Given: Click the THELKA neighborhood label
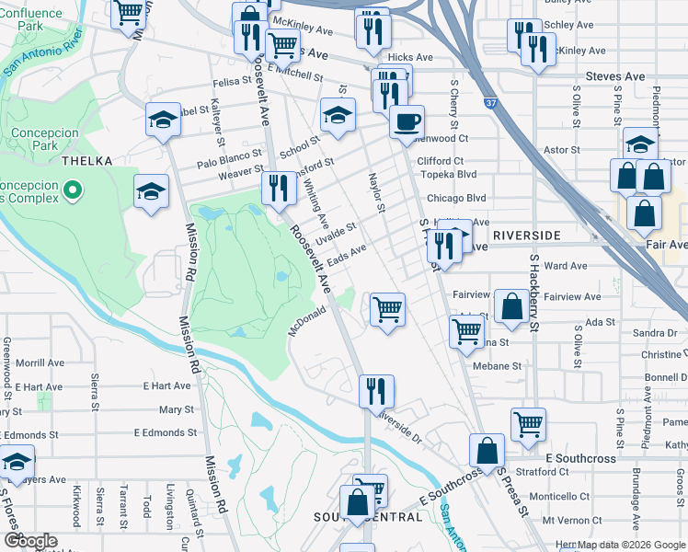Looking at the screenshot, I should [x=86, y=161].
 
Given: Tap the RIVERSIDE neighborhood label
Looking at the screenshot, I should [x=526, y=236].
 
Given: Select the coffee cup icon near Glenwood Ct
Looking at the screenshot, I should [x=407, y=121].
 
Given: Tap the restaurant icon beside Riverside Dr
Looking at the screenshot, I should [x=376, y=391].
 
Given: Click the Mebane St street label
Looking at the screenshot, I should [x=498, y=365].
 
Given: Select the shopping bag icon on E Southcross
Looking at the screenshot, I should [x=487, y=451].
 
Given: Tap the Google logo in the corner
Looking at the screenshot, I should [x=30, y=541].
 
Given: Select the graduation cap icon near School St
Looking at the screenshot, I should [x=338, y=116].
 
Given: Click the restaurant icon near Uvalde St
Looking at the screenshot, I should [x=279, y=189].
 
